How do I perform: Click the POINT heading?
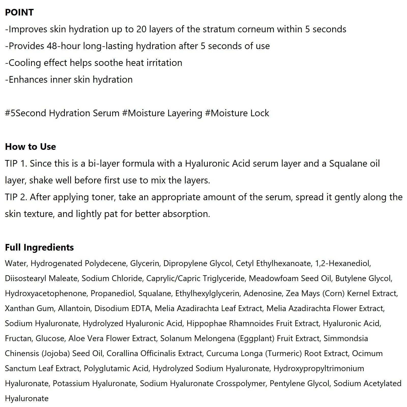pos(19,12)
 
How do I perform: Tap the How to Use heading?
pos(31,147)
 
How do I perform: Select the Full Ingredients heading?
pos(39,247)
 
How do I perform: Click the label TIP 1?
pos(16,164)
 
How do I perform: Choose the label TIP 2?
pos(16,197)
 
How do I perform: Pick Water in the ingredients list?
pos(16,263)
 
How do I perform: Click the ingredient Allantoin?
pos(74,308)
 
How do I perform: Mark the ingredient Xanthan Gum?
pos(30,308)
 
